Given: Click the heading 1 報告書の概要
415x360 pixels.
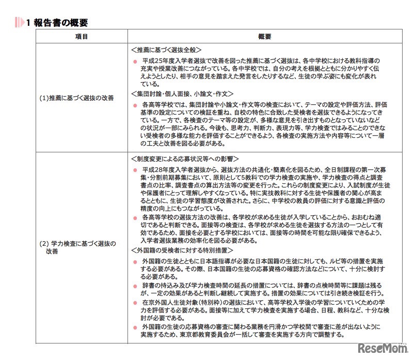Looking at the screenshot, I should coord(57,23).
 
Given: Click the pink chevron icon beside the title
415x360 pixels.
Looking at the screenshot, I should coord(20,23).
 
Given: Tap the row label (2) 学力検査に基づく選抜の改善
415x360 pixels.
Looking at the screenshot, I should coord(77,247).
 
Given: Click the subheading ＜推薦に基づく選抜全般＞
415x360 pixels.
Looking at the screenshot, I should coord(166,51).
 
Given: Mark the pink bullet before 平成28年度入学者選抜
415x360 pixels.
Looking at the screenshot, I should coord(135,169).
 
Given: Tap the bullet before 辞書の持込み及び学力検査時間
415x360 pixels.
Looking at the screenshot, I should coord(135,286).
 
